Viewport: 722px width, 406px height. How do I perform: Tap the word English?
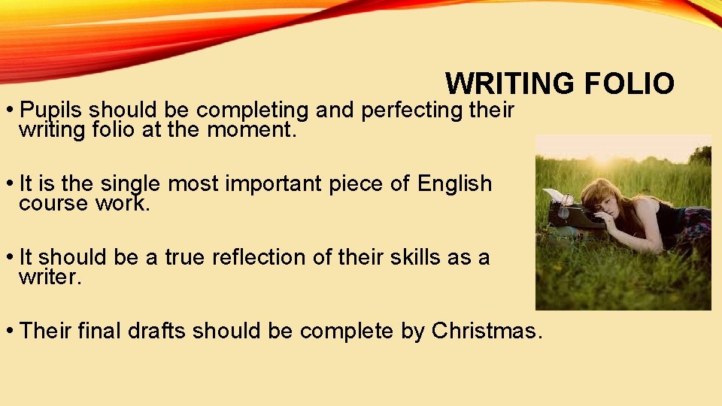coord(454,183)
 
